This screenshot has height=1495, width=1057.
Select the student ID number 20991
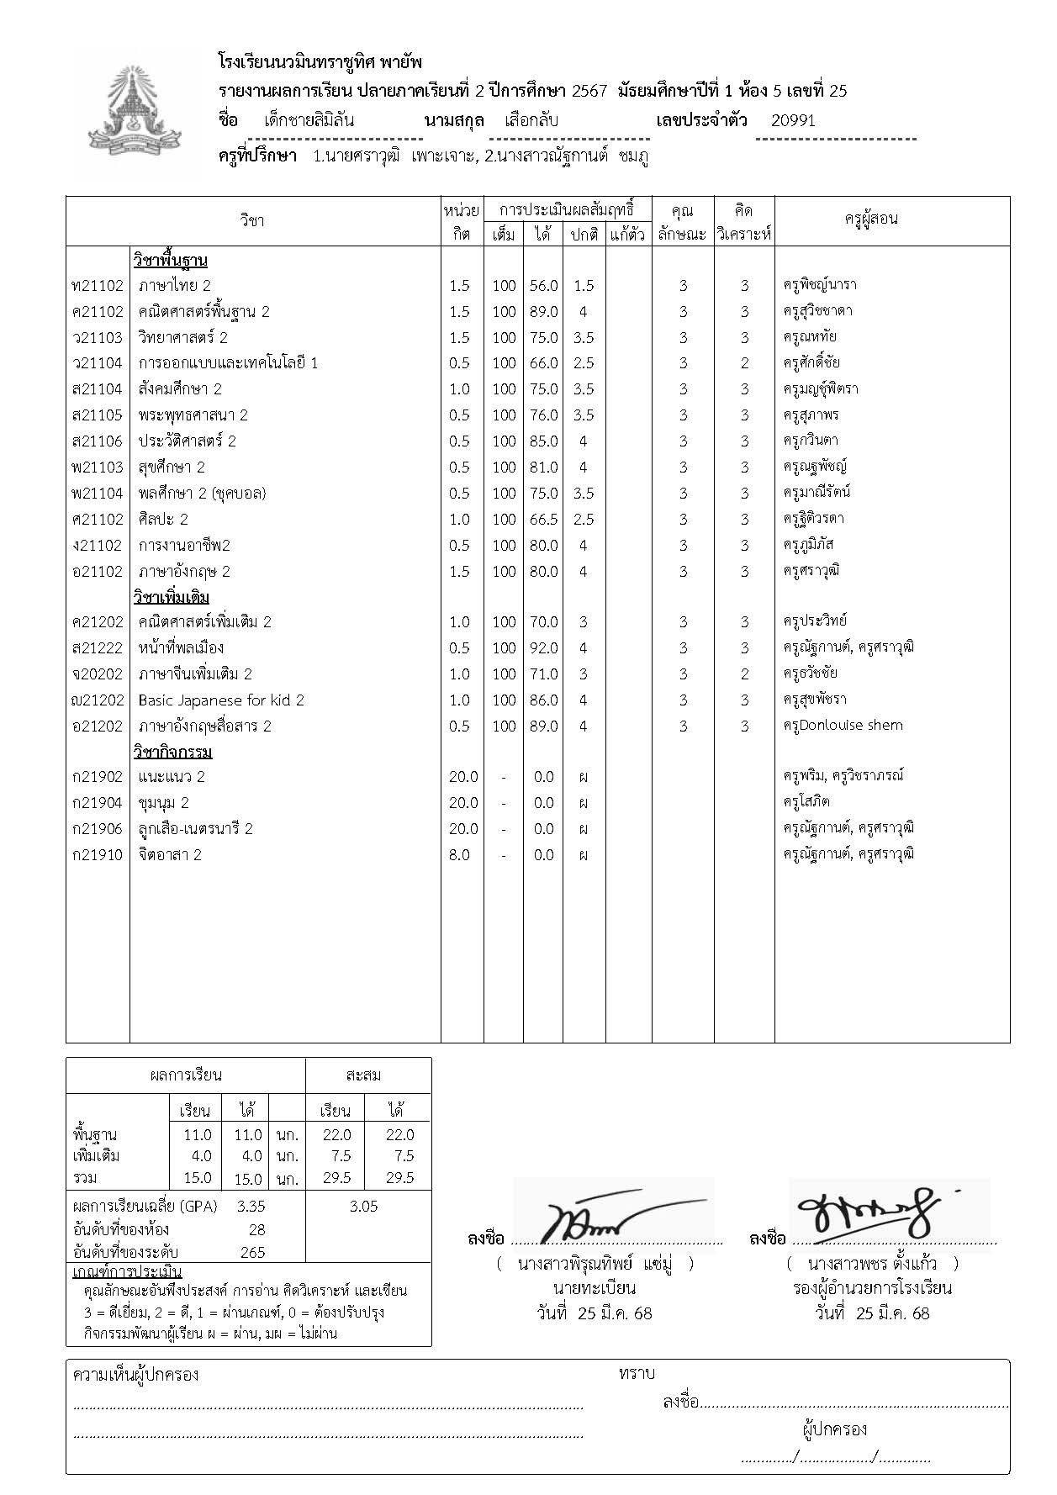point(793,120)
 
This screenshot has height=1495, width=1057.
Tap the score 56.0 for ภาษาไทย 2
point(543,286)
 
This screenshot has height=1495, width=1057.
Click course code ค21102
point(98,312)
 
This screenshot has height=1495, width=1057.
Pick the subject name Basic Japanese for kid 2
point(221,700)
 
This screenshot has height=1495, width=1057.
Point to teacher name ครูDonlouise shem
point(843,726)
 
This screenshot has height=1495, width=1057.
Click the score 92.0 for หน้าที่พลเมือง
point(543,648)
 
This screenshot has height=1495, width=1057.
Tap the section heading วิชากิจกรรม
point(172,752)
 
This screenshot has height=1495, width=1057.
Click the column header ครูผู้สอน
point(871,219)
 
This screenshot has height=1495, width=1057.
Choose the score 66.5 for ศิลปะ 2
point(543,520)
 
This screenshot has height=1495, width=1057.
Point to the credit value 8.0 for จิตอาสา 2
point(459,855)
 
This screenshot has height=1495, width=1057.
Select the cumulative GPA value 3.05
point(363,1207)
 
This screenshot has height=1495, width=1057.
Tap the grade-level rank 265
point(252,1252)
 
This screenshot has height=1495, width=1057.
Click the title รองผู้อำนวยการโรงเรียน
point(872,1288)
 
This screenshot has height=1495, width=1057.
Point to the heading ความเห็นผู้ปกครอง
point(136,1376)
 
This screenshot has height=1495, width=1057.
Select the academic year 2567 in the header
point(589,91)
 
